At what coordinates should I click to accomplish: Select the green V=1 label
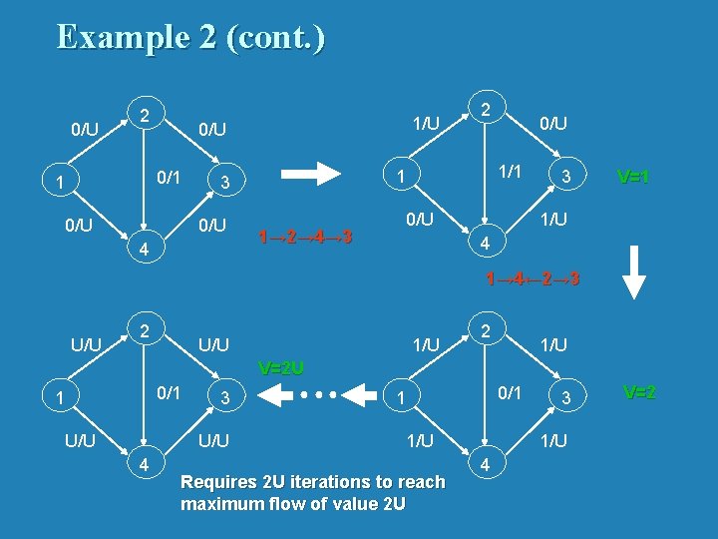point(634,177)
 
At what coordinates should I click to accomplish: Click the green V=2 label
point(639,392)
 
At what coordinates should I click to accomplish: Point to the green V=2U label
point(280,367)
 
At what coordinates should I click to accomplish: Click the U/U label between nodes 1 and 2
point(85,346)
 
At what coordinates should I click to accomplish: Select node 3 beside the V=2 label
point(565,398)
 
